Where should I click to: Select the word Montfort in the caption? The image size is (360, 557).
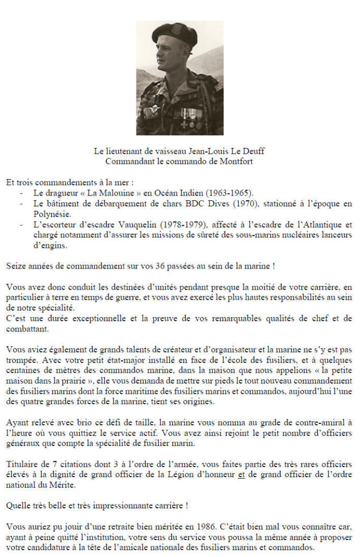click(x=237, y=161)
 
